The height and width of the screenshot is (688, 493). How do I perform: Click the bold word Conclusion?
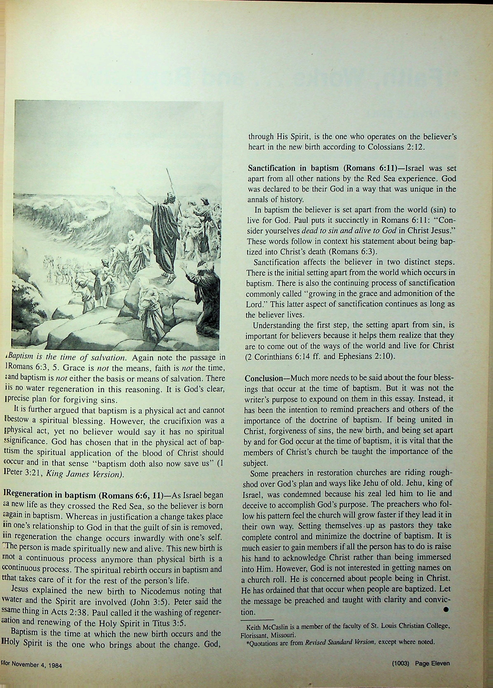[x=264, y=378]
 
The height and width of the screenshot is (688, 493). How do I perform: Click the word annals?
[x=257, y=200]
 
